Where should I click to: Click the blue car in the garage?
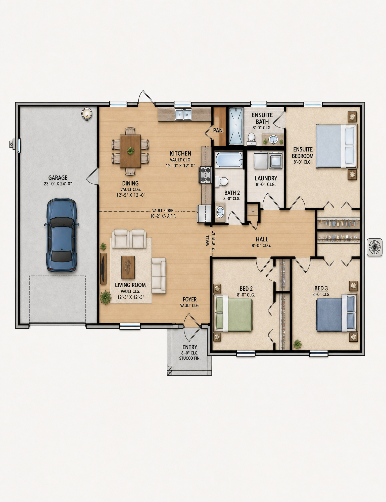click(x=62, y=235)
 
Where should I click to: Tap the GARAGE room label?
click(x=58, y=178)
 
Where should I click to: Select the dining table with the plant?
click(x=130, y=151)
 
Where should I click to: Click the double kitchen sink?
click(x=183, y=114)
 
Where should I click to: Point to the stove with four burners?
click(x=206, y=175)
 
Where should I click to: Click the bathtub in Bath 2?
click(x=229, y=160)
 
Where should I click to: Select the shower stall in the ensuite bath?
click(x=236, y=126)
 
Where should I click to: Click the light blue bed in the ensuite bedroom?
click(x=336, y=146)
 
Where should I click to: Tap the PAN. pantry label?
click(x=218, y=131)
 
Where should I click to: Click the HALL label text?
click(x=262, y=239)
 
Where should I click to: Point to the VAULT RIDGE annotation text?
click(x=163, y=211)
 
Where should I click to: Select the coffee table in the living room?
click(x=128, y=267)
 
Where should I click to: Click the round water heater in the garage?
click(x=87, y=114)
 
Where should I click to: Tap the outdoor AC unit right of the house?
click(x=374, y=247)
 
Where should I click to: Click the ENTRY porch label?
click(x=190, y=347)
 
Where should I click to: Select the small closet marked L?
click(x=253, y=210)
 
